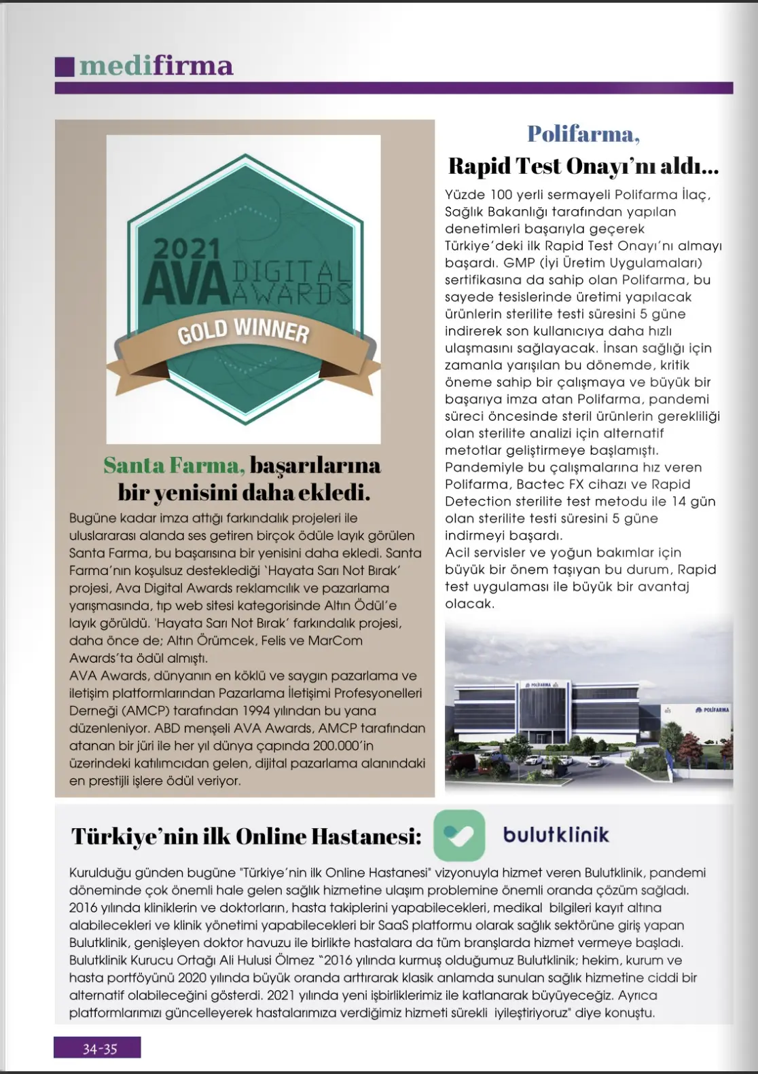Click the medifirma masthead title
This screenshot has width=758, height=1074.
click(156, 66)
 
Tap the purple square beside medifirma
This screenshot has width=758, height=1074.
click(64, 66)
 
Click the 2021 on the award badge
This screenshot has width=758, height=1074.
click(186, 248)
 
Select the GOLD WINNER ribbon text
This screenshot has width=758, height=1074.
click(243, 331)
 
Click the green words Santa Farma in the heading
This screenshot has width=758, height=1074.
click(174, 465)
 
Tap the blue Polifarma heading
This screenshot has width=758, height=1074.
click(583, 134)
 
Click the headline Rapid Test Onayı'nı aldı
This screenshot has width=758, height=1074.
click(583, 166)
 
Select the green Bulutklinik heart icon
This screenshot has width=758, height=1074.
click(459, 835)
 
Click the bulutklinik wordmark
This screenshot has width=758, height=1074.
click(556, 835)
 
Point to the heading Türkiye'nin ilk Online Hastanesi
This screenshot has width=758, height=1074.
click(246, 836)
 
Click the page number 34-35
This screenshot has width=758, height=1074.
click(99, 1049)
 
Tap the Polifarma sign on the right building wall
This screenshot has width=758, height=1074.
click(712, 709)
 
